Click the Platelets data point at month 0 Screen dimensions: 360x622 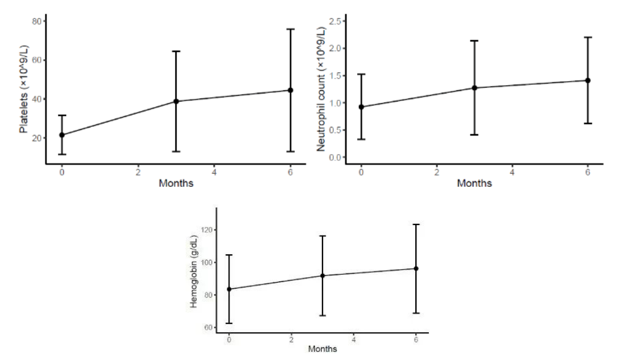click(62, 135)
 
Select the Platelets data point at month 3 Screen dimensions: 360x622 click(176, 101)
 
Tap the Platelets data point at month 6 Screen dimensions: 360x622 click(290, 90)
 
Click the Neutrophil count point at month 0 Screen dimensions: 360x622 click(361, 107)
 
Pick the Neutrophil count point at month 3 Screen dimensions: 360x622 click(475, 88)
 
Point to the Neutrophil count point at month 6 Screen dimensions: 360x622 click(588, 80)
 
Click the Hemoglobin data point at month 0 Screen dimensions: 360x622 click(230, 289)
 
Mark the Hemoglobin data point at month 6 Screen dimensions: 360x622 click(416, 268)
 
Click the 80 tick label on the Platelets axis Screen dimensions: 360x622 click(36, 21)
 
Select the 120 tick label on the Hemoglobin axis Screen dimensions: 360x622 click(206, 230)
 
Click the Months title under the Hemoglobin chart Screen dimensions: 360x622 click(322, 349)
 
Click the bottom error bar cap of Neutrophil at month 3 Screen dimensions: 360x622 click(475, 134)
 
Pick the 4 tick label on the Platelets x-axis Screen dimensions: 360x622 click(214, 172)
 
